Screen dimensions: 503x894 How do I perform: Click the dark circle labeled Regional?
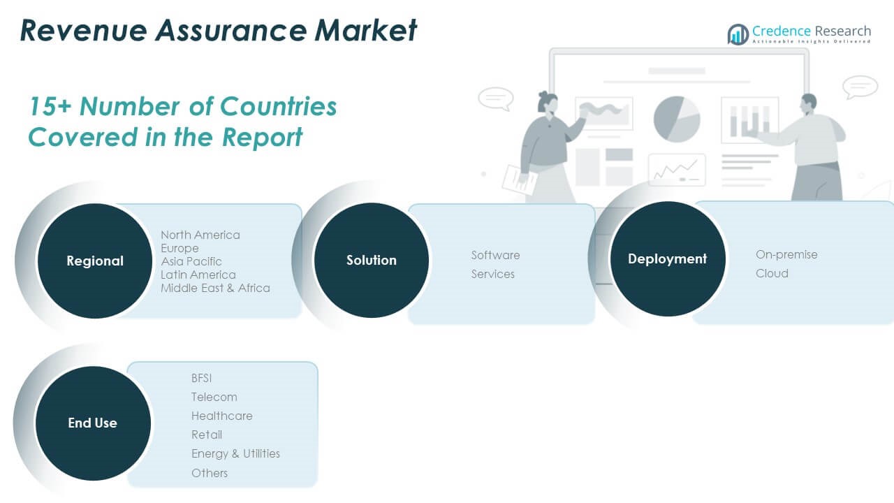(x=94, y=261)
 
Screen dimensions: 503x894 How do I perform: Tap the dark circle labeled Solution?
(x=371, y=260)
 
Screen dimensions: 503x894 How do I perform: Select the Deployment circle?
(x=667, y=258)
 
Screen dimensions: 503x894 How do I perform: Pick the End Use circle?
(x=92, y=423)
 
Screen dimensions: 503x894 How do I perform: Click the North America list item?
(x=200, y=235)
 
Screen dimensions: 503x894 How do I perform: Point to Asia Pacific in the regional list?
(x=191, y=261)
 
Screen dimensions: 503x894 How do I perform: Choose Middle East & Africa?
(x=215, y=288)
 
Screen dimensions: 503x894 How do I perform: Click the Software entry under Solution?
(x=495, y=255)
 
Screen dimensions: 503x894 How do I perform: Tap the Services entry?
(x=492, y=274)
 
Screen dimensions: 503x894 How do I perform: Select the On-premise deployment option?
(x=786, y=254)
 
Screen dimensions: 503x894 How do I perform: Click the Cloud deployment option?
(x=772, y=273)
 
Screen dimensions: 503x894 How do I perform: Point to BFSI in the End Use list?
(x=201, y=378)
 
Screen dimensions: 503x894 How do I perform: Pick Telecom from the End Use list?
(x=214, y=397)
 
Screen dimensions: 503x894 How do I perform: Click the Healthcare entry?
(x=221, y=416)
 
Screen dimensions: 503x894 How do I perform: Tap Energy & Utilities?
(x=235, y=453)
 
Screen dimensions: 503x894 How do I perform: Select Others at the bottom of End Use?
(x=209, y=473)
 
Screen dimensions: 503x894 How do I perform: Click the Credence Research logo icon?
(x=738, y=34)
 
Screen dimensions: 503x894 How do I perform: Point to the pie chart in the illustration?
(x=676, y=119)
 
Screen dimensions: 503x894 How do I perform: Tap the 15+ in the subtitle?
(x=50, y=106)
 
